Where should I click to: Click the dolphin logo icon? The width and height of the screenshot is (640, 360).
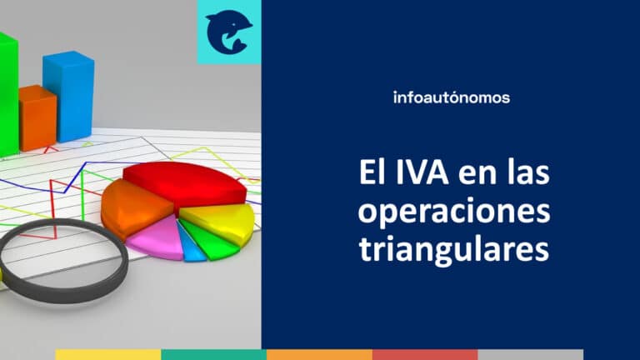click(228, 32)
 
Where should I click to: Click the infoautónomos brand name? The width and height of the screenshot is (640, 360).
click(451, 97)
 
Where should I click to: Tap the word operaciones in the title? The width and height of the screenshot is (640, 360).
click(454, 212)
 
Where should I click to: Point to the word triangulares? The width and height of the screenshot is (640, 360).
click(454, 248)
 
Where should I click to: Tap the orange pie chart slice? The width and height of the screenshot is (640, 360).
click(125, 208)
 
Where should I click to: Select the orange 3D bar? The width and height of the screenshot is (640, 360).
click(37, 117)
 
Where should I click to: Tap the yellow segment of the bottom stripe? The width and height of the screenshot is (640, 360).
click(108, 354)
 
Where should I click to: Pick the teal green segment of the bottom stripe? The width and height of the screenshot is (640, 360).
click(213, 354)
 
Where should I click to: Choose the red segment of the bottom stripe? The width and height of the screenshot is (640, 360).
click(425, 354)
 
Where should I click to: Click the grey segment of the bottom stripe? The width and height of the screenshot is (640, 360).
click(530, 354)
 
